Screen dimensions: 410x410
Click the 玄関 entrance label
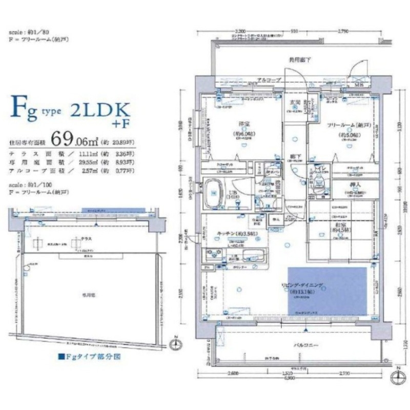(295, 102)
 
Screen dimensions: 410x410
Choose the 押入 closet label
(346, 187)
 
